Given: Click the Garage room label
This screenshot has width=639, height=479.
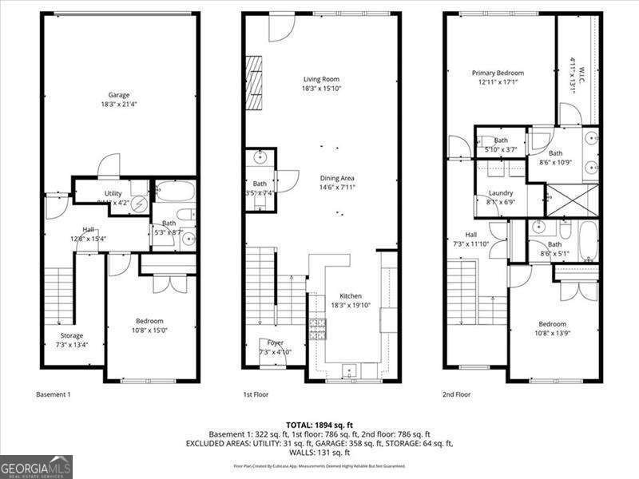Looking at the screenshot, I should [x=119, y=95].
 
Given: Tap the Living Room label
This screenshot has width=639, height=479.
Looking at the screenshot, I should [x=322, y=79].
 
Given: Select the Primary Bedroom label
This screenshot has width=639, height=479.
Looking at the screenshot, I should [x=498, y=73].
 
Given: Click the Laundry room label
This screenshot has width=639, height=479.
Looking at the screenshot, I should [x=501, y=193].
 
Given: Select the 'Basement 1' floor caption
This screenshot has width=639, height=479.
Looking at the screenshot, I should [x=54, y=394].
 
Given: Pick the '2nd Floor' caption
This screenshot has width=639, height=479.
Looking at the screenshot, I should [x=457, y=394].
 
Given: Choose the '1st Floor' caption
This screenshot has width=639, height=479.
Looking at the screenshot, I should [x=256, y=394].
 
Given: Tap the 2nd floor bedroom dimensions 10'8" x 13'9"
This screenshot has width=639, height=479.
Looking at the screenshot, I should [x=552, y=333].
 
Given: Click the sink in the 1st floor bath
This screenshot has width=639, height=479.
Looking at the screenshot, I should [x=260, y=156].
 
